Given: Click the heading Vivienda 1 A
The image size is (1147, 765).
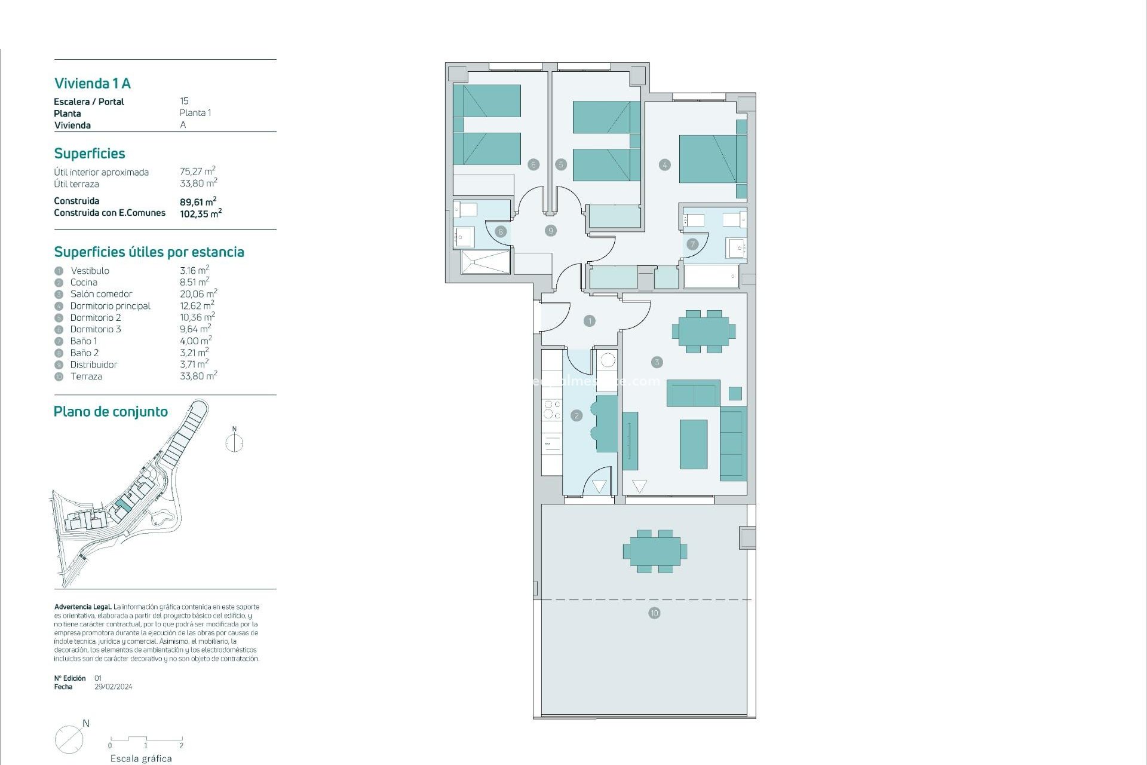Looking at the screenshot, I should pyautogui.click(x=92, y=83).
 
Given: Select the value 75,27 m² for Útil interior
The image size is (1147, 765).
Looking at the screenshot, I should pyautogui.click(x=197, y=172).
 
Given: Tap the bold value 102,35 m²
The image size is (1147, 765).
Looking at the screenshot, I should pyautogui.click(x=201, y=213).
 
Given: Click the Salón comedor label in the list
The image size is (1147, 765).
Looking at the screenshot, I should pyautogui.click(x=101, y=294).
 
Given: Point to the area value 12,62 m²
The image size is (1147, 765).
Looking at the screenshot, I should pyautogui.click(x=197, y=305).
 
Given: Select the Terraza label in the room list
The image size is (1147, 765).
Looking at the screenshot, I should pyautogui.click(x=86, y=377).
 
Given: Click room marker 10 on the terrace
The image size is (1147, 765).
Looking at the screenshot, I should pyautogui.click(x=654, y=613).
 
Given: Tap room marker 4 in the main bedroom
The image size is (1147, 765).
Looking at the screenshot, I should pyautogui.click(x=664, y=165).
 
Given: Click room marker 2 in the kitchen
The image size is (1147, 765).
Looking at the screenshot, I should pyautogui.click(x=576, y=415).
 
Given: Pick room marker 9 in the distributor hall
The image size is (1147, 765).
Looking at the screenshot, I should pyautogui.click(x=551, y=230).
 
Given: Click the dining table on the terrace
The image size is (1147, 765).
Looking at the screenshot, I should pyautogui.click(x=655, y=551).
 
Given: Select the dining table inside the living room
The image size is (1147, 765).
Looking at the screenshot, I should pyautogui.click(x=704, y=331).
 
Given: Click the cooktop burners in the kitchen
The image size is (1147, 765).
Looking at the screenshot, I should pyautogui.click(x=551, y=409).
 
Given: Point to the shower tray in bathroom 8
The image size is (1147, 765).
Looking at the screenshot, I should pyautogui.click(x=486, y=262).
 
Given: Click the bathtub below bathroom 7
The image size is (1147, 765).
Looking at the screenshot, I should pyautogui.click(x=711, y=277).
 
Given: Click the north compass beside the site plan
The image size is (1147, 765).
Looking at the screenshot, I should pyautogui.click(x=234, y=443).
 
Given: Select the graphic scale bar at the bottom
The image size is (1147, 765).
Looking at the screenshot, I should pyautogui.click(x=146, y=740).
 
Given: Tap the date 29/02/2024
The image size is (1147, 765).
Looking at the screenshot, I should pyautogui.click(x=114, y=687).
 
